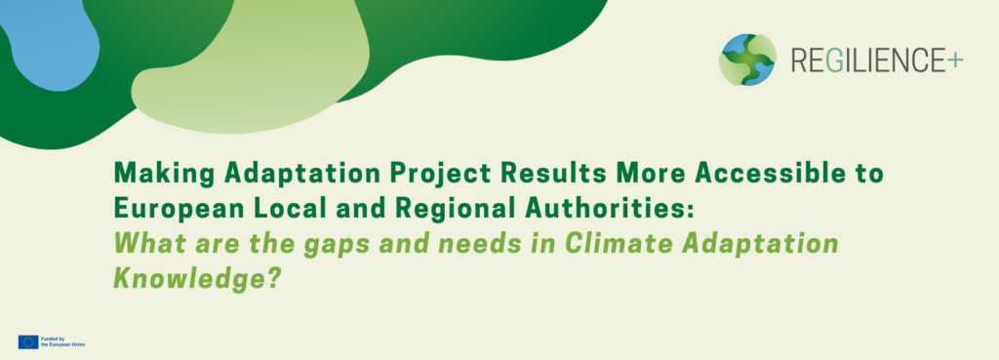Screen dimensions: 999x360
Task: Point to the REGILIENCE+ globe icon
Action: [747, 60]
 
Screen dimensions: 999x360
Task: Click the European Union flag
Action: [28, 341]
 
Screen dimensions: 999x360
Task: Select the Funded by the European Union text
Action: [62, 341]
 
